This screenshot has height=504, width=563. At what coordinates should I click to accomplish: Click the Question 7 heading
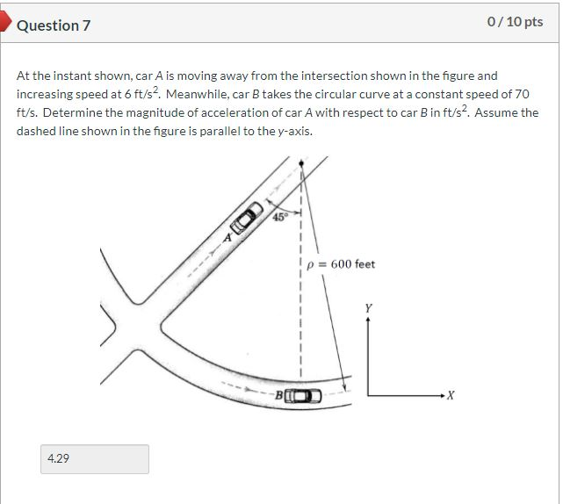click(54, 25)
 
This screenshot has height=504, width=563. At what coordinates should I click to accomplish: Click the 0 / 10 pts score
click(515, 22)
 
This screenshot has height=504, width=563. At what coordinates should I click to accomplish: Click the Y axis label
click(368, 308)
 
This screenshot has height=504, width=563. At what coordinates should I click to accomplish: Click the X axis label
click(451, 397)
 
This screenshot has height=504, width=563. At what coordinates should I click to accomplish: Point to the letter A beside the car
click(227, 236)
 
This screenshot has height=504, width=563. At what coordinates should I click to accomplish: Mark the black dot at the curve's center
click(302, 163)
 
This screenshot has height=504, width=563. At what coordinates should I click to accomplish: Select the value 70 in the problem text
click(522, 94)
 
